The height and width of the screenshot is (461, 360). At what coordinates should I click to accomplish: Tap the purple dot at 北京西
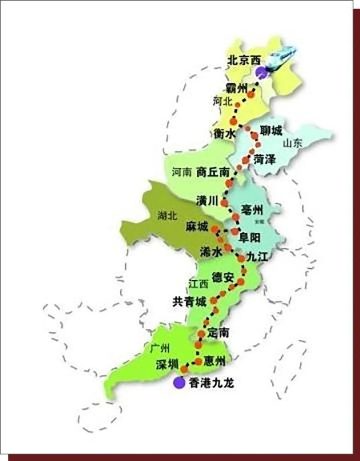tap(261, 71)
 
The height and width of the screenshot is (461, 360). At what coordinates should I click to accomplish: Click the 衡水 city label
tap(224, 133)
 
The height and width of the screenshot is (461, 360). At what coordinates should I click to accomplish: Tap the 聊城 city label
tap(271, 131)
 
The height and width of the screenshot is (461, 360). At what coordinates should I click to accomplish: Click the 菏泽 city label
tap(264, 160)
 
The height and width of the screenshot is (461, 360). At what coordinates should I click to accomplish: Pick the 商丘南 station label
tap(212, 172)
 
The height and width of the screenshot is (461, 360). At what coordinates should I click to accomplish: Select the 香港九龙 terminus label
tap(212, 383)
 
